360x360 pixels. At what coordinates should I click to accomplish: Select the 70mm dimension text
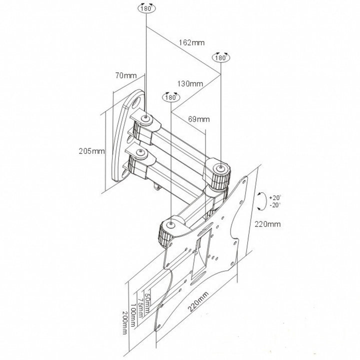click(125, 76)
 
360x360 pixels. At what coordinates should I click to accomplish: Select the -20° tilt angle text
click(274, 204)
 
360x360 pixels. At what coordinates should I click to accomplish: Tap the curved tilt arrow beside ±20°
click(260, 201)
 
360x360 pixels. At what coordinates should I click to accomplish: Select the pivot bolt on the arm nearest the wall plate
click(145, 118)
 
